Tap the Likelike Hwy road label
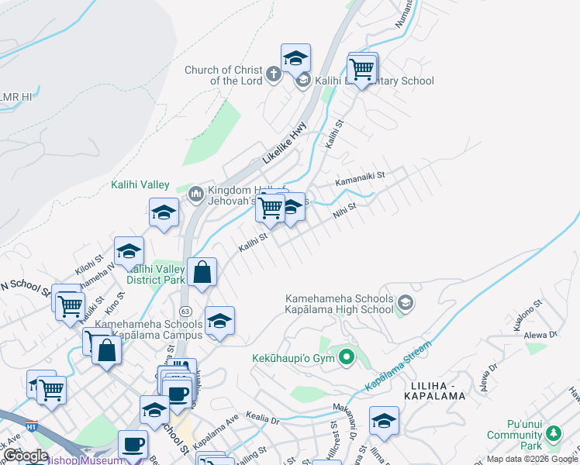coord(285,143)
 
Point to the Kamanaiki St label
coord(360,181)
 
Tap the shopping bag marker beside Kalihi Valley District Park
coord(202,273)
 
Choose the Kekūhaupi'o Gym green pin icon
coord(347,357)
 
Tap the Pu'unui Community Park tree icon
coord(553,432)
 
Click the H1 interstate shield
coord(31,426)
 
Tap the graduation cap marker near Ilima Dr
coord(384,420)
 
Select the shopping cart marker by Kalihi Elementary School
coord(362,68)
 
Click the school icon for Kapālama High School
coord(405,304)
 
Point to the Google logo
coord(26,456)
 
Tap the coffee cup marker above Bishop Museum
coord(132,444)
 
